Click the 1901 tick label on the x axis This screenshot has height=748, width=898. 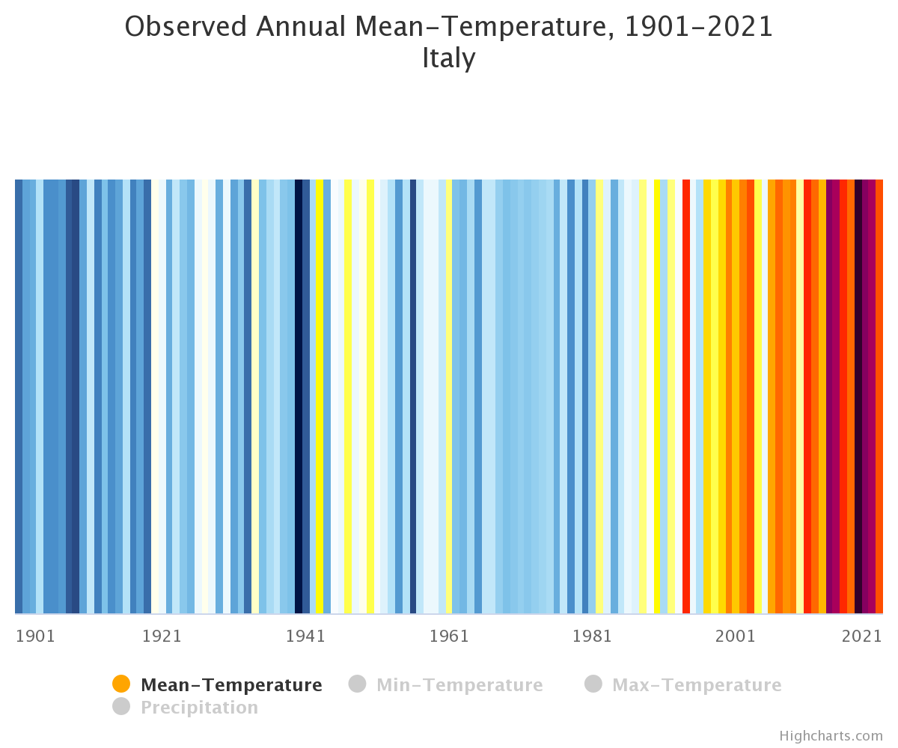35,637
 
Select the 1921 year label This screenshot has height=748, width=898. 162,637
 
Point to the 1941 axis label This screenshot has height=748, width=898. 305,637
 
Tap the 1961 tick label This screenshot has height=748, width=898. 449,637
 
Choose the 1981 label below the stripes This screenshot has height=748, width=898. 592,637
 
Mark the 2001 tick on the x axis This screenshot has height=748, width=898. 736,637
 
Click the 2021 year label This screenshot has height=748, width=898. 862,637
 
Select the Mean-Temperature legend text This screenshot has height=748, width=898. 231,685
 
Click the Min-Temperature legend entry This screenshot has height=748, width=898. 459,685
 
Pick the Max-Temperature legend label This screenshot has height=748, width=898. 697,685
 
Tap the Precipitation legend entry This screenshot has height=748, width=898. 199,708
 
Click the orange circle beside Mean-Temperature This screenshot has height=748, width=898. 121,684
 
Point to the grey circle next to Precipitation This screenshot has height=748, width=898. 121,707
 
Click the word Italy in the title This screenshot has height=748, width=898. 448,58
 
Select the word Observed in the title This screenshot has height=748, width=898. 186,27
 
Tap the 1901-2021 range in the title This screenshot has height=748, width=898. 698,27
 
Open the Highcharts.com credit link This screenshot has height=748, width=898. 831,736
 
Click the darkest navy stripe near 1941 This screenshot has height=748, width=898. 299,396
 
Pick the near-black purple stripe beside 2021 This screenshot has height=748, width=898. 858,396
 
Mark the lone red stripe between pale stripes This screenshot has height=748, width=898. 686,396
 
